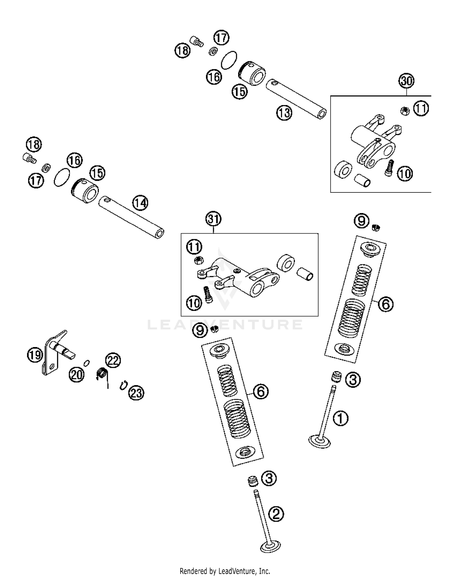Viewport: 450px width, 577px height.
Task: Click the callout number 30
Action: pyautogui.click(x=406, y=81)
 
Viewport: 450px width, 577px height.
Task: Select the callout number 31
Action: pyautogui.click(x=213, y=219)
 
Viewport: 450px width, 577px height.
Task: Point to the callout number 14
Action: pyautogui.click(x=140, y=203)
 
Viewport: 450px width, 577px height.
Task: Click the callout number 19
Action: pyautogui.click(x=35, y=355)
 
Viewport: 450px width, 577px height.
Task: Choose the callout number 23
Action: pyautogui.click(x=136, y=393)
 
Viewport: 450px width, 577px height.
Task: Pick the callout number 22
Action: pyautogui.click(x=113, y=360)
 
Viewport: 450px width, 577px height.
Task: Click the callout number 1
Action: pyautogui.click(x=340, y=418)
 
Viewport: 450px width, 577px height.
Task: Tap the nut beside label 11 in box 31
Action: pyautogui.click(x=198, y=260)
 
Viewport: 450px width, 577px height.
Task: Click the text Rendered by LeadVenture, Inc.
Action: pyautogui.click(x=225, y=571)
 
